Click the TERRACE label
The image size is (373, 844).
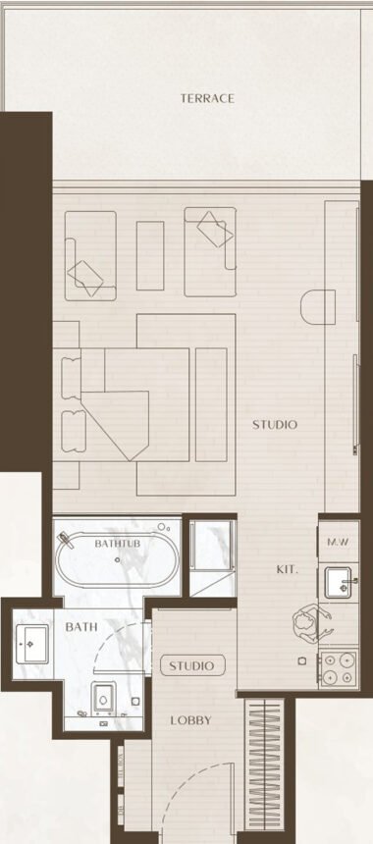point(207,98)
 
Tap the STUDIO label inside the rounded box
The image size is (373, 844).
point(191,665)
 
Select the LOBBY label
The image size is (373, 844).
point(191,720)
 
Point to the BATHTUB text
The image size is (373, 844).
point(118,544)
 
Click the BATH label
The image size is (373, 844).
point(81,627)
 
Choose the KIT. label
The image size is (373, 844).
point(287,569)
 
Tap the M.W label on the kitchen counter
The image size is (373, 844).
point(339,542)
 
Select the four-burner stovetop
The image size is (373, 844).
point(338,668)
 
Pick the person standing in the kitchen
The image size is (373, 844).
point(308,623)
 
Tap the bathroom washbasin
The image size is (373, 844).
point(31,644)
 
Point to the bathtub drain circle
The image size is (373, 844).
point(118,559)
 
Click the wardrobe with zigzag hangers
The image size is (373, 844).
point(264,765)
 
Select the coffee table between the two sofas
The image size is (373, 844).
point(150,256)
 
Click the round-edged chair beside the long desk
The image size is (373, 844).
point(318,307)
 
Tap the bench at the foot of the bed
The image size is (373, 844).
point(211,404)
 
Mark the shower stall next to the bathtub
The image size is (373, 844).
point(212,556)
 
